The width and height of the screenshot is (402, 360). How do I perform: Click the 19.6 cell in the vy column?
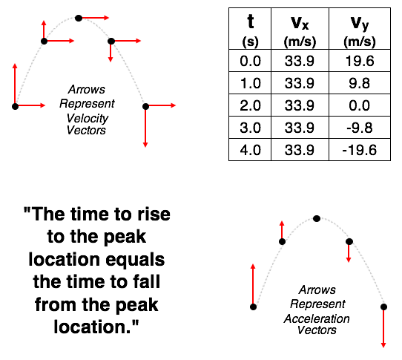tap(360, 61)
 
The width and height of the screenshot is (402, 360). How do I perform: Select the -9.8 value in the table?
tap(360, 128)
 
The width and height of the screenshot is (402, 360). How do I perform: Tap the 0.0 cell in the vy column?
tap(360, 105)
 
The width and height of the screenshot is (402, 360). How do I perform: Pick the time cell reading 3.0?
tap(250, 128)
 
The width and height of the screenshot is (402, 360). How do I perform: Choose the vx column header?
tap(300, 29)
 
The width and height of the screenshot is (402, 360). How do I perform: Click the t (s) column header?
tap(250, 29)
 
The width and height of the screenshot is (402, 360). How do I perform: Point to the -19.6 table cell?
tap(360, 150)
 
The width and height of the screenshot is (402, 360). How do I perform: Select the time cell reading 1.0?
tap(250, 83)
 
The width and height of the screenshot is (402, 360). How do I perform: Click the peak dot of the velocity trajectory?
tap(79, 19)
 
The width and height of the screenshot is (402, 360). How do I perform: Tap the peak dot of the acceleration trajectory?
tap(317, 219)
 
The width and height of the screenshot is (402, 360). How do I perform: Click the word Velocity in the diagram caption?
tap(88, 118)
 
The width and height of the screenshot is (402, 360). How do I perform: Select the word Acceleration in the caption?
tap(317, 319)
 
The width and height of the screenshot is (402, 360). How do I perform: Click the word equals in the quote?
tap(135, 260)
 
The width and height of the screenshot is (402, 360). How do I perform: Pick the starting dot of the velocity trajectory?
tap(15, 106)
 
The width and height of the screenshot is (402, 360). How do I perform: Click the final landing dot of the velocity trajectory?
tap(145, 106)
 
